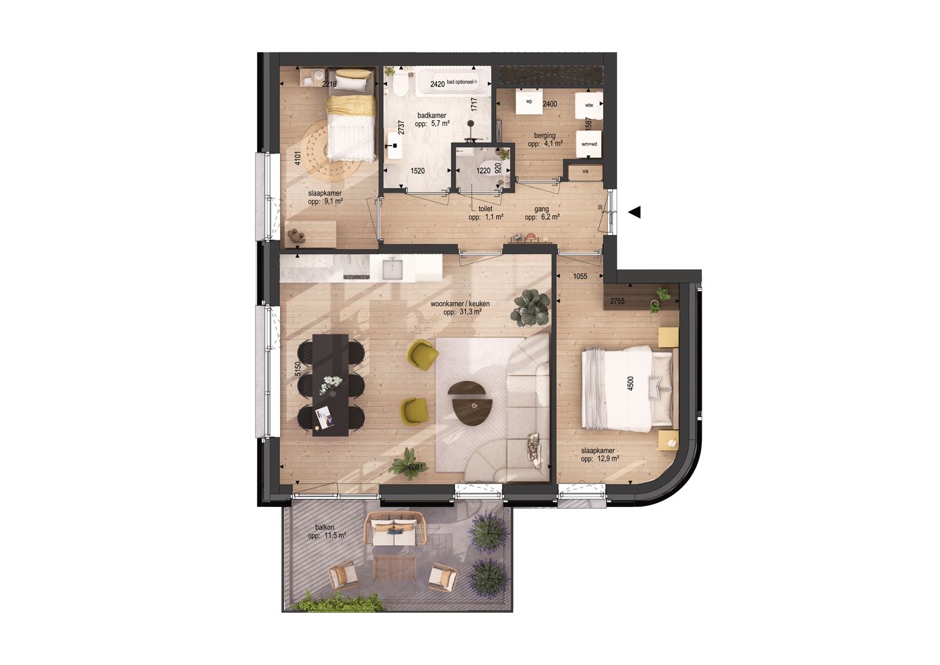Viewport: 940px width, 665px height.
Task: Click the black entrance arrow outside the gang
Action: [x=634, y=212]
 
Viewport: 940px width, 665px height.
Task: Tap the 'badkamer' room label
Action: [x=431, y=116]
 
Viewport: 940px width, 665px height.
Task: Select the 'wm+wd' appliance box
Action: [x=589, y=144]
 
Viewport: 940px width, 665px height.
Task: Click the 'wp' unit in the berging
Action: [x=529, y=102]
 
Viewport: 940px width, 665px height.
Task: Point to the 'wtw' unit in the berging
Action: [x=589, y=105]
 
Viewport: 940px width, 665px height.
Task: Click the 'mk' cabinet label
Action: [x=585, y=172]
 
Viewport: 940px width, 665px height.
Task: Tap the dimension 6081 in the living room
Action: [x=416, y=466]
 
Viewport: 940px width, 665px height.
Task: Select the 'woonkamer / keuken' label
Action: [x=460, y=304]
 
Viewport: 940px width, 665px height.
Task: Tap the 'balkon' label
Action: [x=324, y=527]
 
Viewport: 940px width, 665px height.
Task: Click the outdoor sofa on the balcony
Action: [x=395, y=529]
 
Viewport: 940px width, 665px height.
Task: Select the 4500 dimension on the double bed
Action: [x=631, y=383]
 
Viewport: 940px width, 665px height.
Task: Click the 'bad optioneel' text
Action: [x=468, y=82]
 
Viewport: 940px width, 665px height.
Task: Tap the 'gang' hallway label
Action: [x=541, y=209]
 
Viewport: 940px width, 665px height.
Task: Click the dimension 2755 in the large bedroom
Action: [x=617, y=301]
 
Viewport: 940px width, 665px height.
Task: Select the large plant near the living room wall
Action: [x=531, y=308]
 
